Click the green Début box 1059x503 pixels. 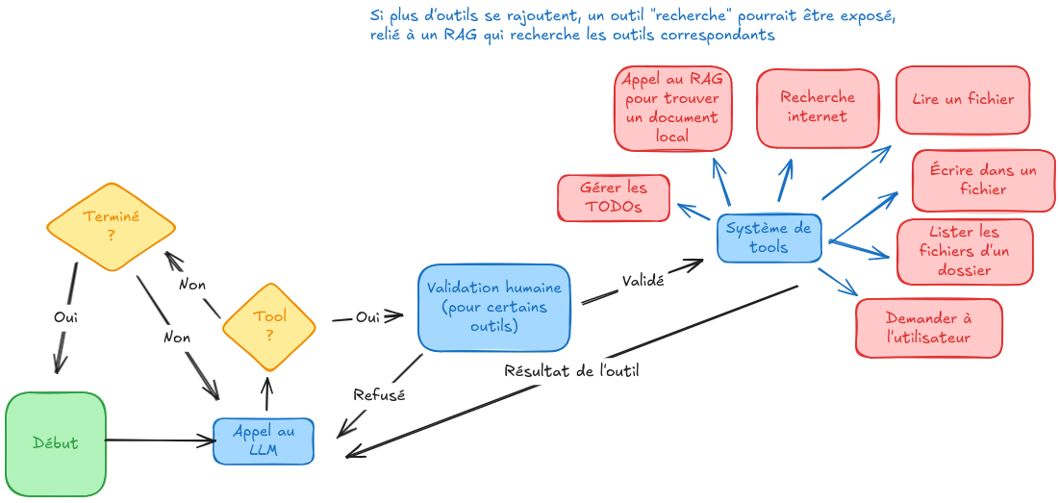55,443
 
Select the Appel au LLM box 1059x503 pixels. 264,440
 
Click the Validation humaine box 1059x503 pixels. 493,307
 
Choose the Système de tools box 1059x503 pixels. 769,238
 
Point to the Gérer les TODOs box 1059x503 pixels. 614,197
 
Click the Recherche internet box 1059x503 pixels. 817,108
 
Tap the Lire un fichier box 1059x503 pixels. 962,100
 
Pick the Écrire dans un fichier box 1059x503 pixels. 983,180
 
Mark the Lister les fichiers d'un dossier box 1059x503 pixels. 964,251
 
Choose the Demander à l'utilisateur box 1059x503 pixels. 928,328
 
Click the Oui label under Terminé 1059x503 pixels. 65,315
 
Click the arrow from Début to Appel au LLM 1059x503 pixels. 159,440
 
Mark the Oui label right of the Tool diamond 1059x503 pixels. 367,316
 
